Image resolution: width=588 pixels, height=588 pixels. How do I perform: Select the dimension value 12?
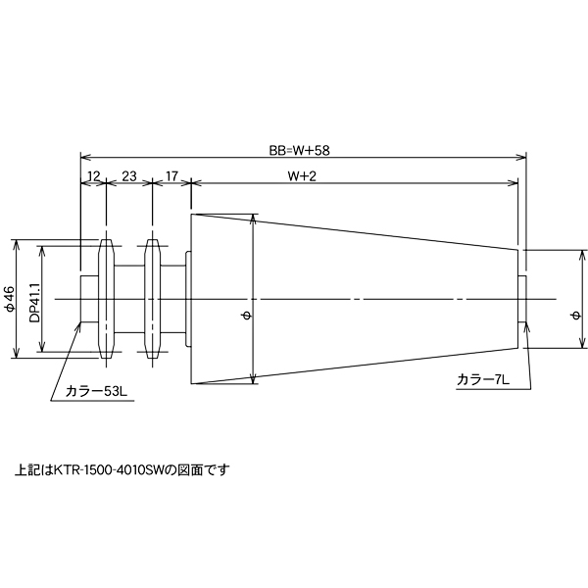(x=93, y=176)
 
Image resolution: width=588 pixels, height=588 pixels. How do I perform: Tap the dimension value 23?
(x=128, y=176)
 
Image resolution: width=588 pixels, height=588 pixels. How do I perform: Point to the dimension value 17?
(x=171, y=176)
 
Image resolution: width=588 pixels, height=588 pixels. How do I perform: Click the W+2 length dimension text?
(x=303, y=176)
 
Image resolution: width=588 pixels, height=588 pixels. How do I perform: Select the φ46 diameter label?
(x=11, y=299)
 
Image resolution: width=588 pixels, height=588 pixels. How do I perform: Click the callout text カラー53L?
(x=96, y=391)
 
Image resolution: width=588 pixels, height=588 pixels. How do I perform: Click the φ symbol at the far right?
(x=575, y=315)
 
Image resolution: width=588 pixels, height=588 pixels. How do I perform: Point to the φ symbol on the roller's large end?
(x=246, y=315)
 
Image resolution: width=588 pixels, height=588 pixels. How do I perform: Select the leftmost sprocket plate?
(x=106, y=298)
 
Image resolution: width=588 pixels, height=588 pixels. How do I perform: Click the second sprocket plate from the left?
(x=152, y=298)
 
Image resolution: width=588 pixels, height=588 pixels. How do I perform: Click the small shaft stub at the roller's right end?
(x=522, y=298)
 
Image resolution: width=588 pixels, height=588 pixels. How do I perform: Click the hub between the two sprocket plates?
(x=129, y=298)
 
